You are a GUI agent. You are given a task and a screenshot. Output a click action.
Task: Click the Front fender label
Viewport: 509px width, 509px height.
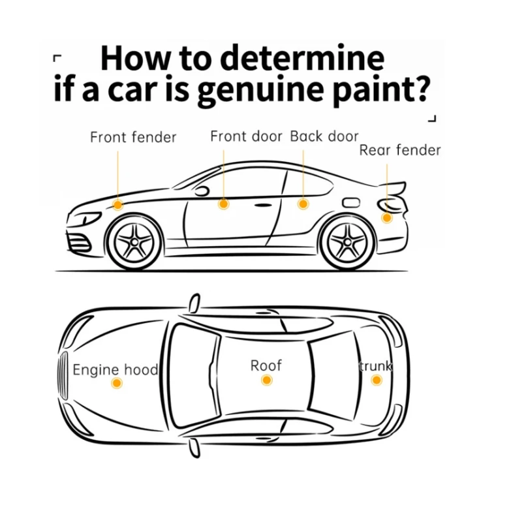click(133, 138)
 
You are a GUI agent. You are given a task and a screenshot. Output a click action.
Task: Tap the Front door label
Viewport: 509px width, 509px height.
click(246, 136)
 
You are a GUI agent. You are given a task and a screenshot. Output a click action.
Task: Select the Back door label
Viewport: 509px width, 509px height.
click(324, 136)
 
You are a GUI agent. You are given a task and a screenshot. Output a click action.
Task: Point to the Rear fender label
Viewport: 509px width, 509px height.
click(400, 151)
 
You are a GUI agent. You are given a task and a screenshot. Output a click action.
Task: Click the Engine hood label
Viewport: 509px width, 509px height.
click(115, 370)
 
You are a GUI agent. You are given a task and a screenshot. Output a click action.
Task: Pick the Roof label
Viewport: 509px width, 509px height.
click(266, 365)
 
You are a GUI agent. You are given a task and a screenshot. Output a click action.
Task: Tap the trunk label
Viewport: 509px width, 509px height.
click(375, 365)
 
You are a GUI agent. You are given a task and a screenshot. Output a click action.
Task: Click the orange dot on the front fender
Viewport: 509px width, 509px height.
click(117, 205)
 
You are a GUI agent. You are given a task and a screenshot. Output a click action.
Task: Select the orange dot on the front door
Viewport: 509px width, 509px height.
click(223, 204)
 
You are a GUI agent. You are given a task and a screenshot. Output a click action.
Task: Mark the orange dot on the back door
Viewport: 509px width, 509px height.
click(303, 204)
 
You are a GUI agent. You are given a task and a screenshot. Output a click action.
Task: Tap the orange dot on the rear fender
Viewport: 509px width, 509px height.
click(387, 217)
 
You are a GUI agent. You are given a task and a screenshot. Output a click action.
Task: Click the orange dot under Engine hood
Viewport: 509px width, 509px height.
click(116, 384)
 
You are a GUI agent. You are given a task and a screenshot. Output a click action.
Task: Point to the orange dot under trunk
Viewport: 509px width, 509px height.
click(377, 380)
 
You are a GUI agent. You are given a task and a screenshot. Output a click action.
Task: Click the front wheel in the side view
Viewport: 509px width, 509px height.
click(134, 242)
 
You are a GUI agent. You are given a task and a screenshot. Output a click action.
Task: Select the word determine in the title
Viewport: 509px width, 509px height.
click(301, 59)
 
